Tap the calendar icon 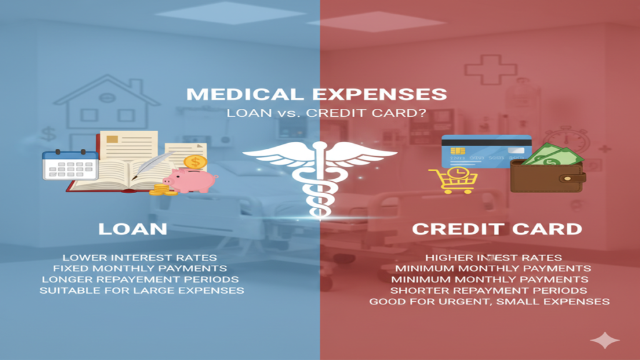[x=69, y=165]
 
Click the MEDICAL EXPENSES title [x=317, y=94]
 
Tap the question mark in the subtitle [x=407, y=113]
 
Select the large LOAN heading [x=132, y=228]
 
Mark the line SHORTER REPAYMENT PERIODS [x=489, y=291]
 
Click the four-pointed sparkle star [x=604, y=341]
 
